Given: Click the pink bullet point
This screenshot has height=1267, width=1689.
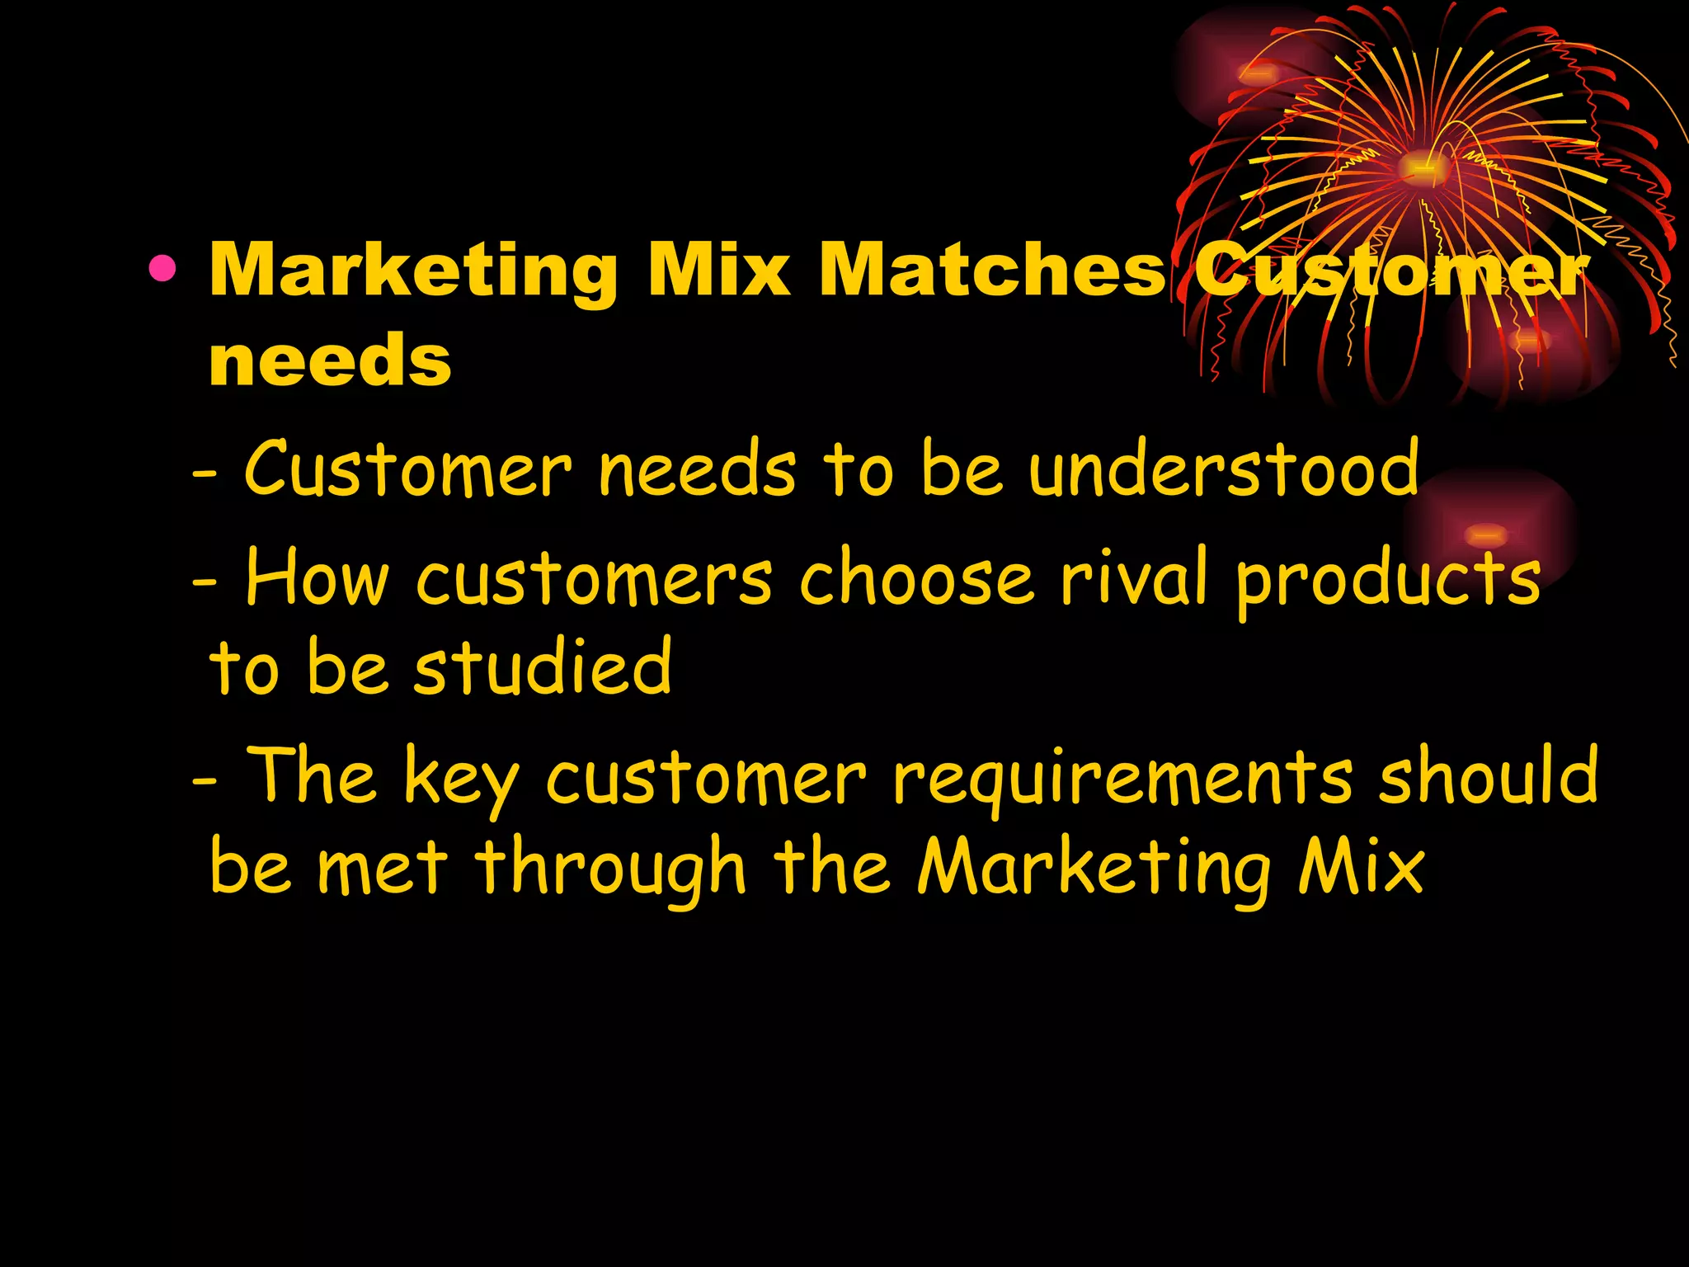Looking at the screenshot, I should pos(162,270).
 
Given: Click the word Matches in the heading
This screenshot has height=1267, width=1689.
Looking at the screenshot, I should pos(991,270).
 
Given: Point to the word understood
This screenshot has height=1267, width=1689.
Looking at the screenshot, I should pos(1224,470).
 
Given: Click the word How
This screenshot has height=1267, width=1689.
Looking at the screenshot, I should pos(317,577).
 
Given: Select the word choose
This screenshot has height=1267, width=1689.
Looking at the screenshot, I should pos(915,577).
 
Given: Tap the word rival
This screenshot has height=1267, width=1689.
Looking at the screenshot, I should pos(1134,577).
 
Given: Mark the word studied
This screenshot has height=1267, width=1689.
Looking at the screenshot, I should pos(543,668).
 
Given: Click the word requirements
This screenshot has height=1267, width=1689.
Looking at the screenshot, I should pos(1122,780).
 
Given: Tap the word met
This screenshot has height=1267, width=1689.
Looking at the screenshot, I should pos(382,868).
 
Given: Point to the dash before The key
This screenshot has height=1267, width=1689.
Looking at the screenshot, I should pos(205,780).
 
